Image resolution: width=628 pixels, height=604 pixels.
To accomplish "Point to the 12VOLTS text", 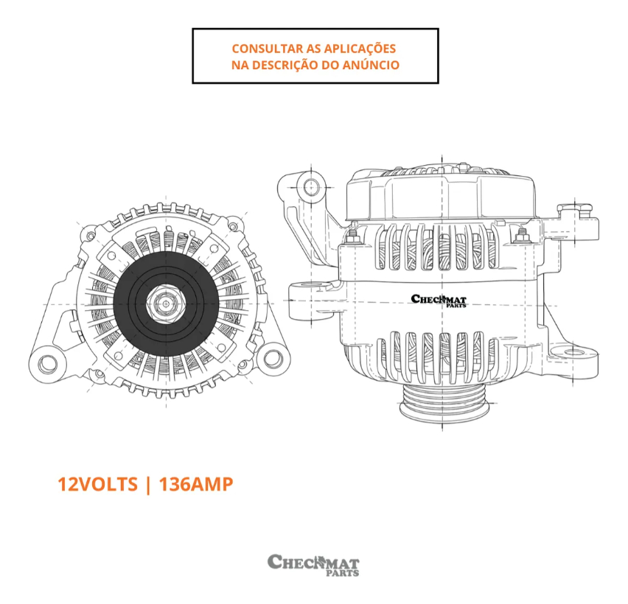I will pyautogui.click(x=97, y=484).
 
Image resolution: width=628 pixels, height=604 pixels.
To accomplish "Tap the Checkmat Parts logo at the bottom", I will pyautogui.click(x=313, y=564).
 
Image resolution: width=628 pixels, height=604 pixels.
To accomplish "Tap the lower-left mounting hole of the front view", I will pyautogui.click(x=49, y=362).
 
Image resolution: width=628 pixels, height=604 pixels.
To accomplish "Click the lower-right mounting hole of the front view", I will pyautogui.click(x=273, y=359).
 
